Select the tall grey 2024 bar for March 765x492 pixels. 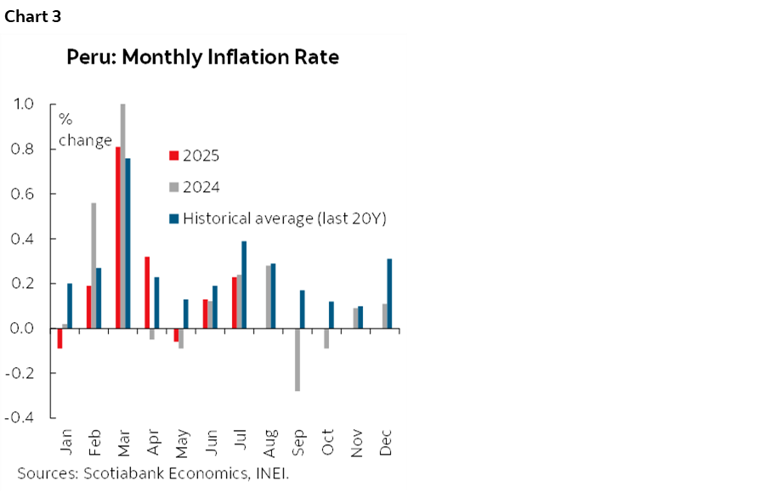123,216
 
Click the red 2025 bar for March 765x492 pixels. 117,238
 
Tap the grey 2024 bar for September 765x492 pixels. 297,359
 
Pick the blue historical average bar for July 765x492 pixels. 245,285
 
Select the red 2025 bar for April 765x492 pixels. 147,292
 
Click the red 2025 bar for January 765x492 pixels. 59,338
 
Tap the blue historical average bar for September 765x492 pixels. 303,309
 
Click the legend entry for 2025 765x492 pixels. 195,156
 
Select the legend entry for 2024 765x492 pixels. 195,188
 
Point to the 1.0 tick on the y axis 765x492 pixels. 23,105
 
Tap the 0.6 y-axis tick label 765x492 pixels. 23,194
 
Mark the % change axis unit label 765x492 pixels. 84,130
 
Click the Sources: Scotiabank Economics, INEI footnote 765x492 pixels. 153,473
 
